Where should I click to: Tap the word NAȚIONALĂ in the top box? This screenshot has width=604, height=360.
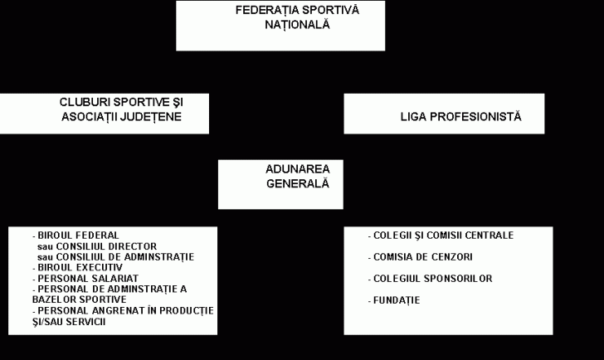coord(297,25)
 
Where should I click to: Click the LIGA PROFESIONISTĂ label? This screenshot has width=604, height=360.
coord(460,116)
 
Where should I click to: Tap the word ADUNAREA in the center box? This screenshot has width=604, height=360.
coord(297,169)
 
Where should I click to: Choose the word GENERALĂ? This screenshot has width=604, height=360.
coord(297,183)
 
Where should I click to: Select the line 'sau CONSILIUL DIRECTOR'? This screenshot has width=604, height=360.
coord(97,246)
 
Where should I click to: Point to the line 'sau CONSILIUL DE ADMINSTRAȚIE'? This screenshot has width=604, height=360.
coord(115,257)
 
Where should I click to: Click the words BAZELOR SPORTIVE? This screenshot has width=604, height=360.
coord(80,299)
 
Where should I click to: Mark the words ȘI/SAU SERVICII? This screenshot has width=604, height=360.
coord(69,322)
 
